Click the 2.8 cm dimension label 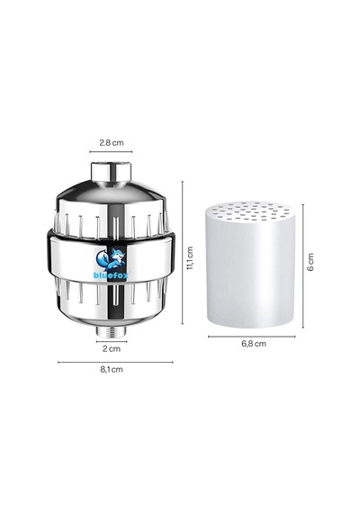point(112,142)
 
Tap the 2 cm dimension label point(112,349)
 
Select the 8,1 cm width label point(112,369)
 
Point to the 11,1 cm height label point(190,258)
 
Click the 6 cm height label point(310,261)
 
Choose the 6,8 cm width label point(254,344)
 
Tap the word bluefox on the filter point(112,274)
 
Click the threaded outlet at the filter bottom point(112,331)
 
